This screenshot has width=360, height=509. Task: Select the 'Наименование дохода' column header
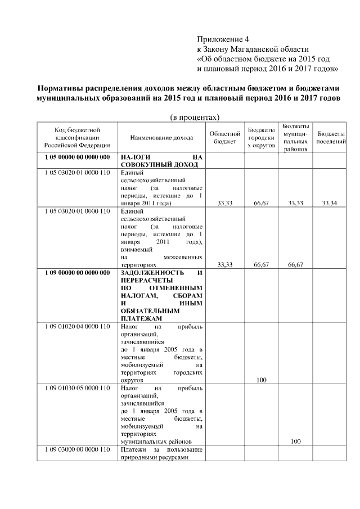point(161,138)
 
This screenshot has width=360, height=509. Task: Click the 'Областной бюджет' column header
point(225,138)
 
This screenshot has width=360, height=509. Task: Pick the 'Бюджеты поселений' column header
point(331,138)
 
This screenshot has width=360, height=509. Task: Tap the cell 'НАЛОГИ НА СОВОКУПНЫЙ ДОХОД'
point(161,161)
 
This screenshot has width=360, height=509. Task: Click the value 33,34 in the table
point(330,203)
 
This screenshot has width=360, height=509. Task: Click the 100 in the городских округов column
point(261,380)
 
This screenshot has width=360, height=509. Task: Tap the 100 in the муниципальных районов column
point(295,442)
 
